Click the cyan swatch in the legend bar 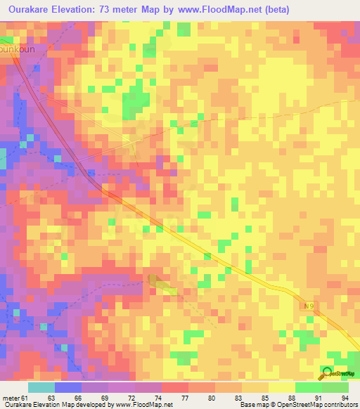[41, 387]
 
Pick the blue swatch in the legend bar [68, 387]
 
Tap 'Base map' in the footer [250, 405]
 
